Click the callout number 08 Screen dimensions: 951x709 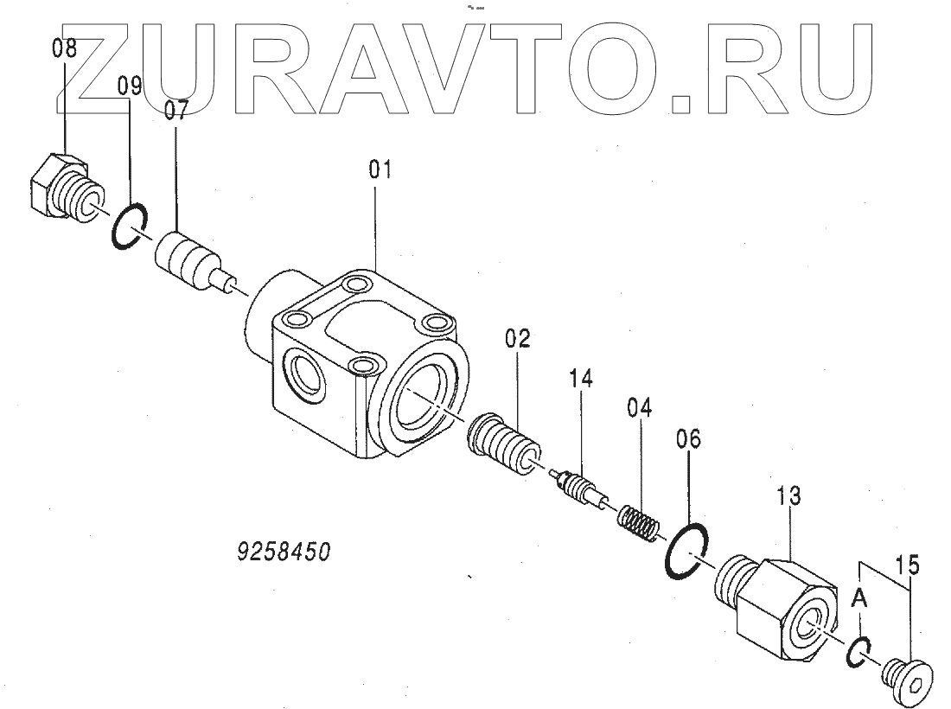64,49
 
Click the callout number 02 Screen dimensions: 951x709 518,339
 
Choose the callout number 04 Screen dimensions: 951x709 641,406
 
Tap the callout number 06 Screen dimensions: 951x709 689,439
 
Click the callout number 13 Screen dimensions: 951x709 788,496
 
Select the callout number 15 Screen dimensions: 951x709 908,567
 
